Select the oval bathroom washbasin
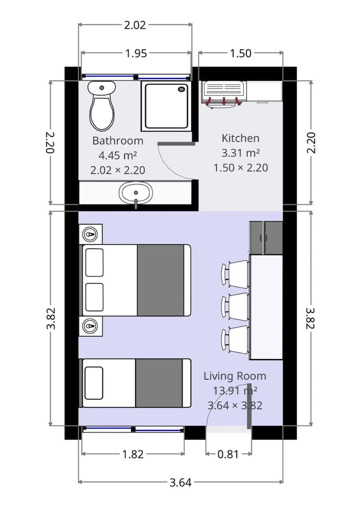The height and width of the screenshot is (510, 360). click(x=136, y=193)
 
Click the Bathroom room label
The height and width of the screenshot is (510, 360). click(x=118, y=141)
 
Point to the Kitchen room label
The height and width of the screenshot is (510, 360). click(x=240, y=138)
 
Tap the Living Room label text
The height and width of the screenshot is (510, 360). click(x=235, y=376)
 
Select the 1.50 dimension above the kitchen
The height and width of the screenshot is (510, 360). click(x=240, y=53)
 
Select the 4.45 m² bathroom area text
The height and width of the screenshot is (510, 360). click(x=118, y=156)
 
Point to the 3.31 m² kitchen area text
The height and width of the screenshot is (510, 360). click(x=240, y=153)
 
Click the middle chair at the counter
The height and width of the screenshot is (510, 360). click(x=235, y=307)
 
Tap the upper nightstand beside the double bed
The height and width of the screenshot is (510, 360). click(x=91, y=234)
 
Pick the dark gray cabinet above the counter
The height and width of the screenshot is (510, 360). click(x=266, y=238)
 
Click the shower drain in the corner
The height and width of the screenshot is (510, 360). click(x=182, y=89)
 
